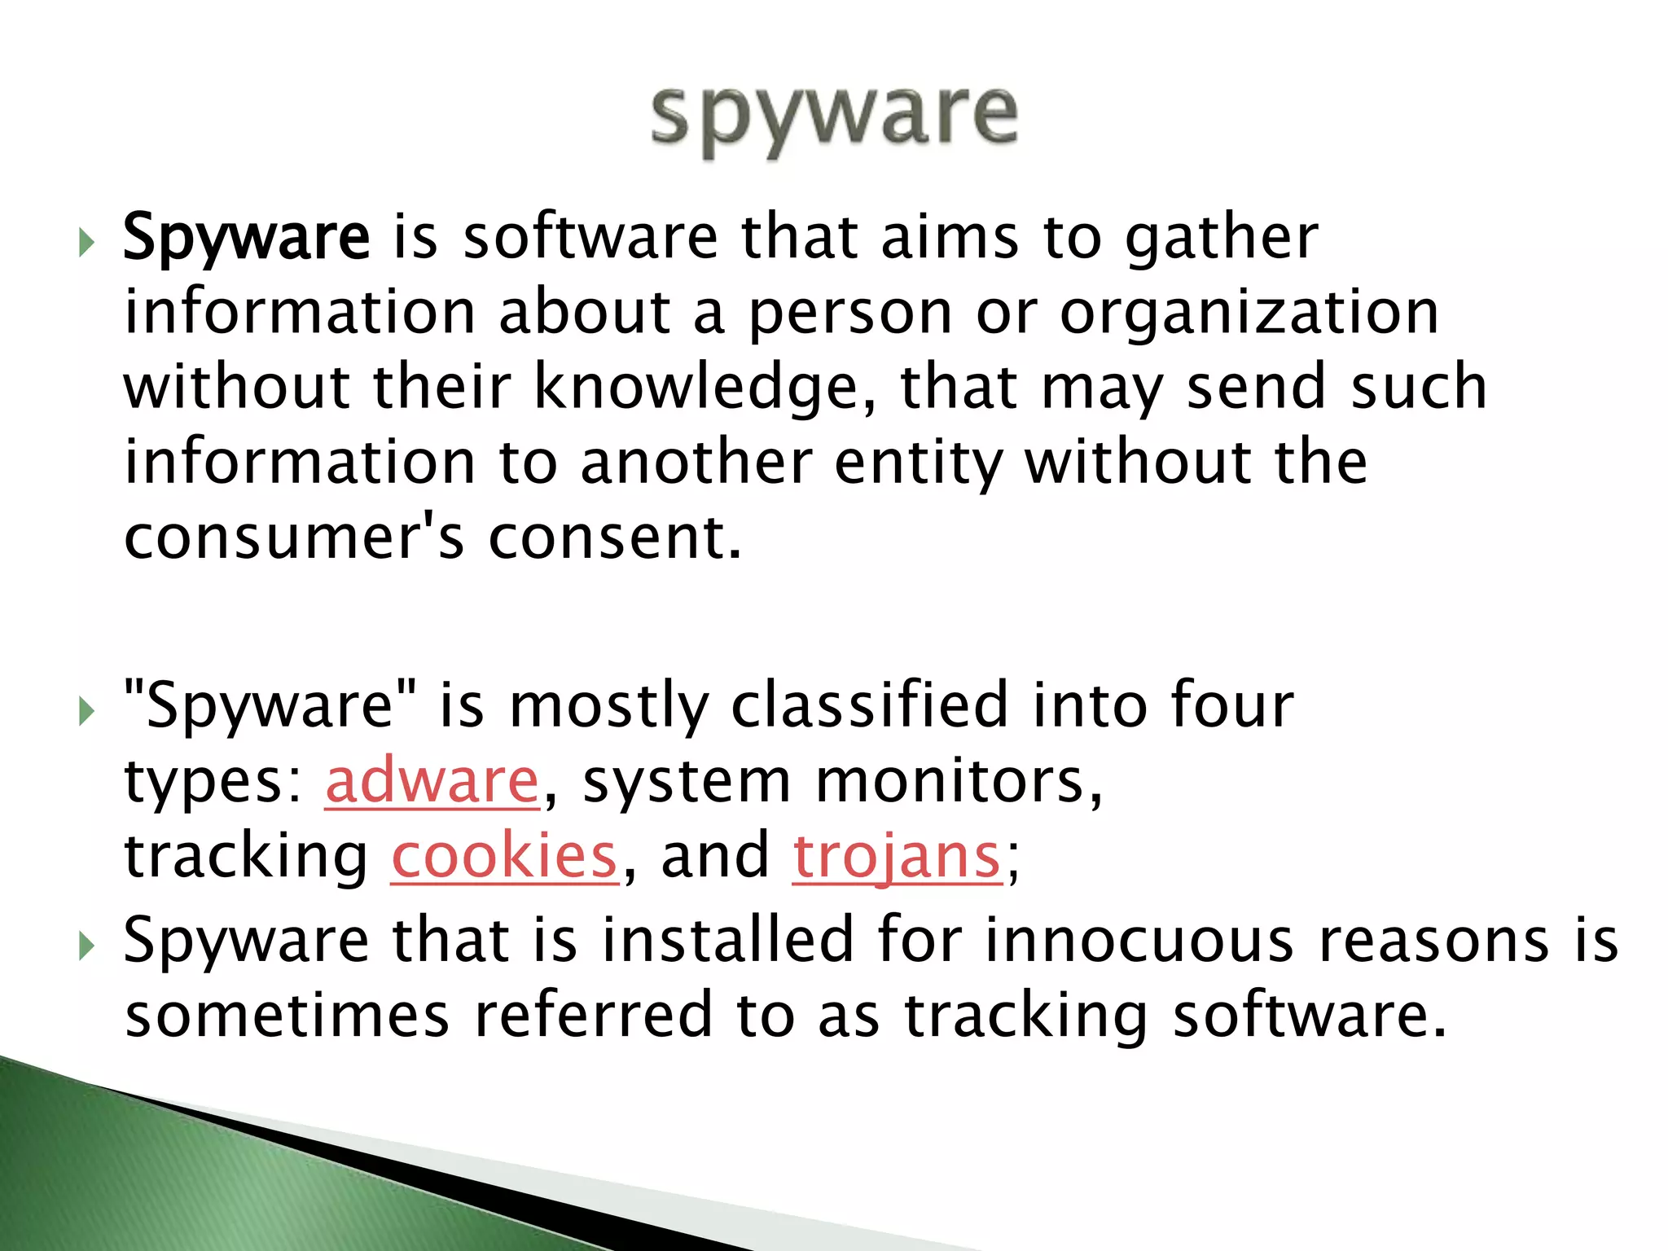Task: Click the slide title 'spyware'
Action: pos(834,118)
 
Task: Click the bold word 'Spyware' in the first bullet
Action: pos(247,237)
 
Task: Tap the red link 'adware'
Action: pos(432,781)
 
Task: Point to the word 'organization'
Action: pos(1249,313)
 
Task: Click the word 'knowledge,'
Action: pos(705,388)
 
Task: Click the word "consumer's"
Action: pos(294,538)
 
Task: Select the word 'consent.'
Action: pos(616,538)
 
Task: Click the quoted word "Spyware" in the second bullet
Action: pos(270,705)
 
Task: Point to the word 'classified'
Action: pos(870,705)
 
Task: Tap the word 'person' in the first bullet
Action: pos(850,313)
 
